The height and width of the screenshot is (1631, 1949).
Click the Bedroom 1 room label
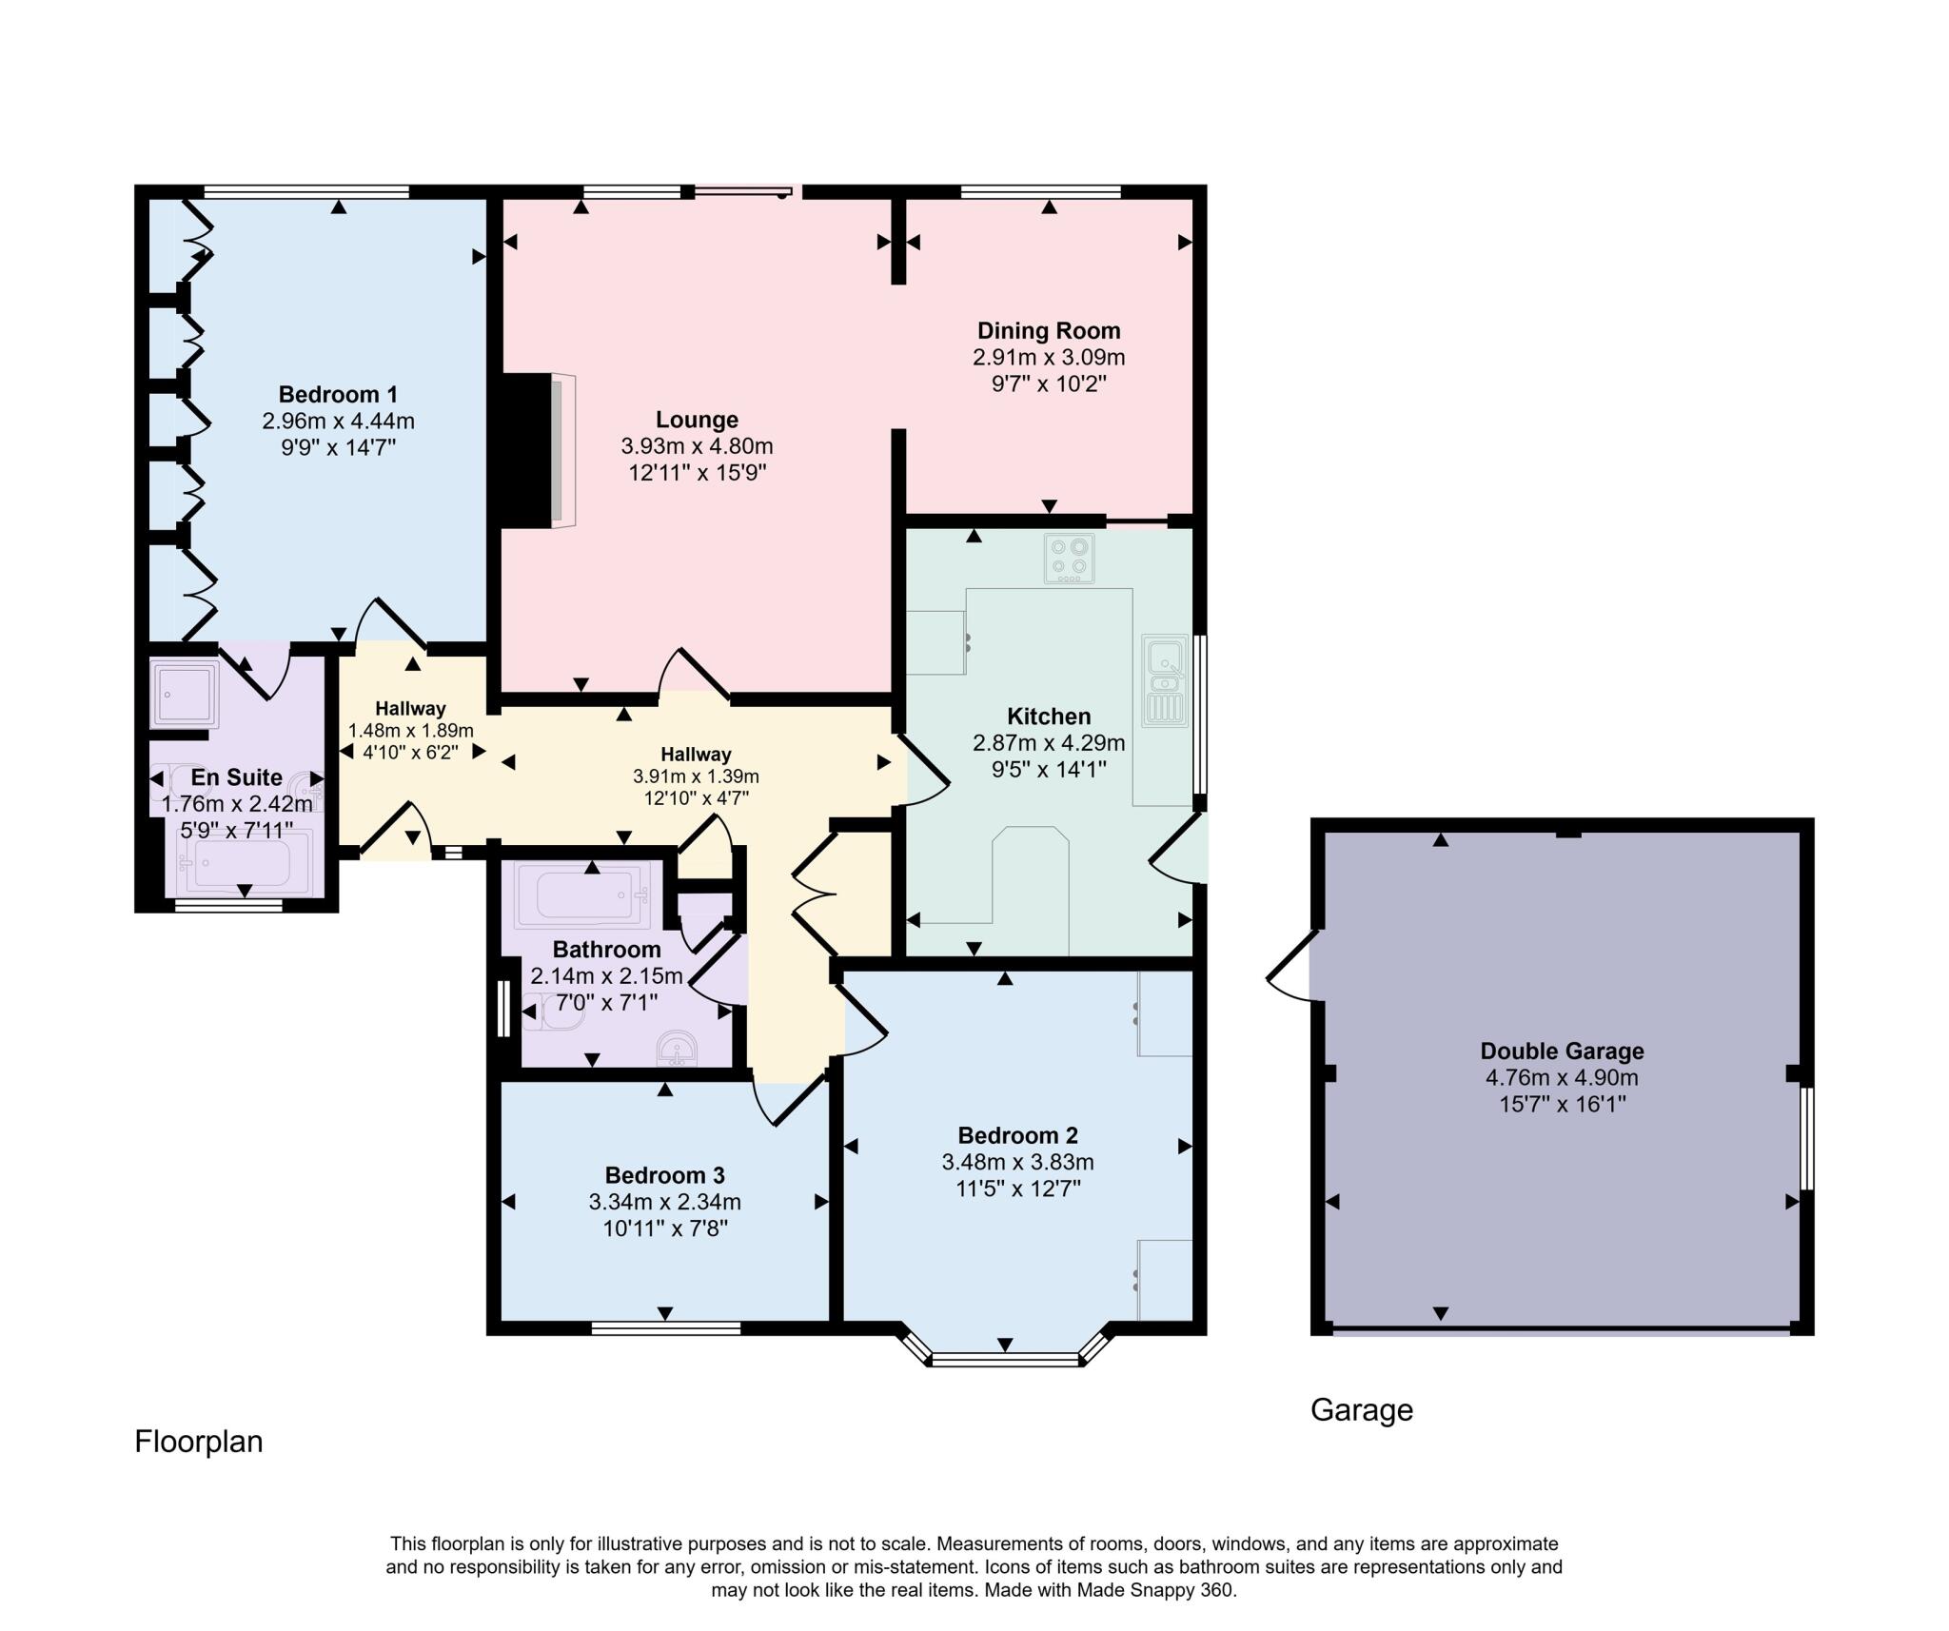pyautogui.click(x=338, y=394)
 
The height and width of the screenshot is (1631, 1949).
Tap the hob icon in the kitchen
pyautogui.click(x=1069, y=559)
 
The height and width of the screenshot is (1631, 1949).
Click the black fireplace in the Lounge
pyautogui.click(x=526, y=450)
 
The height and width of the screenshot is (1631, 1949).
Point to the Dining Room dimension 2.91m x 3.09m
pyautogui.click(x=1049, y=358)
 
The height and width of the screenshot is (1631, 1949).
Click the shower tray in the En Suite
pyautogui.click(x=184, y=694)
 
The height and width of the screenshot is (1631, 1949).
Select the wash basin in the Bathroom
pyautogui.click(x=677, y=1049)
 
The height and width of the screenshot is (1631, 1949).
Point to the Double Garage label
pyautogui.click(x=1562, y=1051)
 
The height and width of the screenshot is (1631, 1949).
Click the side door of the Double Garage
pyautogui.click(x=1292, y=966)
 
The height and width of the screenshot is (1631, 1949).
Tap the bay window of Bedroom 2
pyautogui.click(x=1005, y=1359)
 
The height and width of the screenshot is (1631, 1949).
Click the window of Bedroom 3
pyautogui.click(x=665, y=1327)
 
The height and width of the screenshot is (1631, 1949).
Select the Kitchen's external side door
pyautogui.click(x=1178, y=849)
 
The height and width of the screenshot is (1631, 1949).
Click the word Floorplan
pyautogui.click(x=198, y=1442)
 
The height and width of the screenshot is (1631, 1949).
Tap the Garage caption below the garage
pyautogui.click(x=1361, y=1409)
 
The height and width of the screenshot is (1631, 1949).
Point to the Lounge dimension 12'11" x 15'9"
pyautogui.click(x=698, y=473)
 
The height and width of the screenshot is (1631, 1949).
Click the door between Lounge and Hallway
pyautogui.click(x=694, y=676)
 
